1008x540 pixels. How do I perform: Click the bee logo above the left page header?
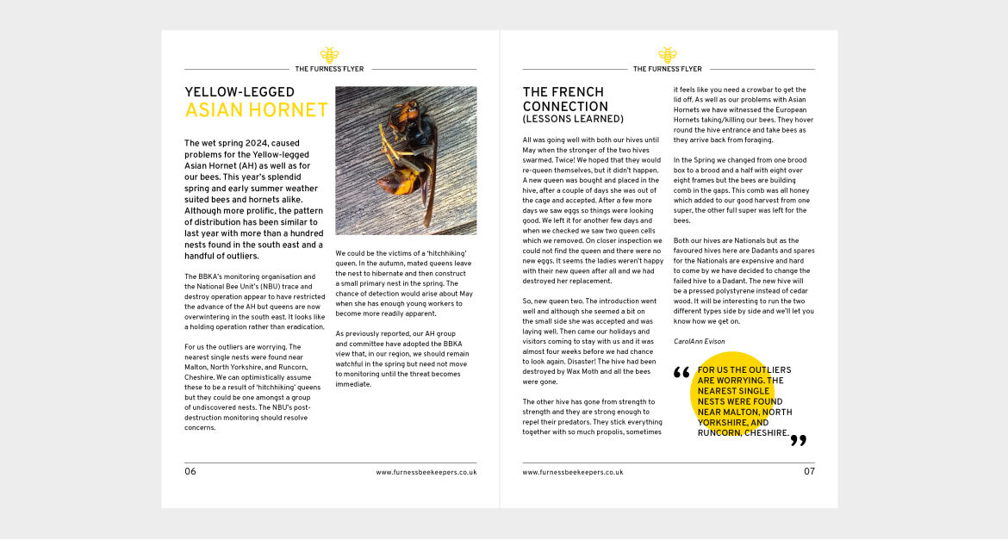[x=329, y=54]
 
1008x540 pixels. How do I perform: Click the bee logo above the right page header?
[x=668, y=54]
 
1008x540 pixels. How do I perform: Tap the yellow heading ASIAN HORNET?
[x=256, y=110]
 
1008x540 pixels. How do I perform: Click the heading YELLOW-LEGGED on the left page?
[x=240, y=92]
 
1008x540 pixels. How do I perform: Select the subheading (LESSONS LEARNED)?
[x=573, y=119]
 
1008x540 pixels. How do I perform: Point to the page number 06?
[x=190, y=472]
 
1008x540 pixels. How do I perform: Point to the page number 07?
[x=809, y=472]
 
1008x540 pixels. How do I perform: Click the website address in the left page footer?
[x=426, y=473]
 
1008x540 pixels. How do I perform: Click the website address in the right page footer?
[x=573, y=473]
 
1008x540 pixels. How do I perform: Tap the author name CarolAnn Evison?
[x=700, y=342]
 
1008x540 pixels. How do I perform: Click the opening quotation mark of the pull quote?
[x=681, y=374]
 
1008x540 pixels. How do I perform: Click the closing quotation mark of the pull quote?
[x=799, y=441]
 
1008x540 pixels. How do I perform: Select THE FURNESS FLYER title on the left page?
[x=329, y=69]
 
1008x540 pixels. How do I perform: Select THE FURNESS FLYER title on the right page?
[x=668, y=69]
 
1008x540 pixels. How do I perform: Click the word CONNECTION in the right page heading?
[x=565, y=107]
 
